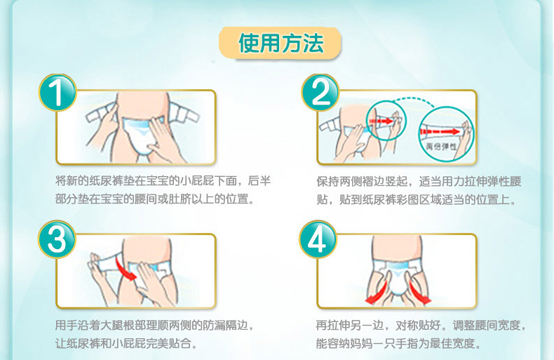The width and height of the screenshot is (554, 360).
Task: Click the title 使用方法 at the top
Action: click(x=281, y=44)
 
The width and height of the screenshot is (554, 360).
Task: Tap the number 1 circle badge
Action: click(x=58, y=93)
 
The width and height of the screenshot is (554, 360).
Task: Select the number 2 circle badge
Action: click(x=320, y=93)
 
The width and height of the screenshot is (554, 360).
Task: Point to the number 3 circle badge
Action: click(x=57, y=239)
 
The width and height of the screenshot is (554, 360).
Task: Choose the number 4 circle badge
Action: click(x=318, y=239)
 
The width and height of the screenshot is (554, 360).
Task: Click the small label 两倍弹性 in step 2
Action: click(x=441, y=146)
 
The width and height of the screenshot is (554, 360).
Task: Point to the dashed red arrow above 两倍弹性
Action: click(x=440, y=132)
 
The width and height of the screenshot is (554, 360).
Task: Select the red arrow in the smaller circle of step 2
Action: click(x=381, y=121)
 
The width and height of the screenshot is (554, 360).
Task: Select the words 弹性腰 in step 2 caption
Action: click(x=504, y=182)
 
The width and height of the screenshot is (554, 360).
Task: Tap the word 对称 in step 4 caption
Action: click(x=407, y=326)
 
